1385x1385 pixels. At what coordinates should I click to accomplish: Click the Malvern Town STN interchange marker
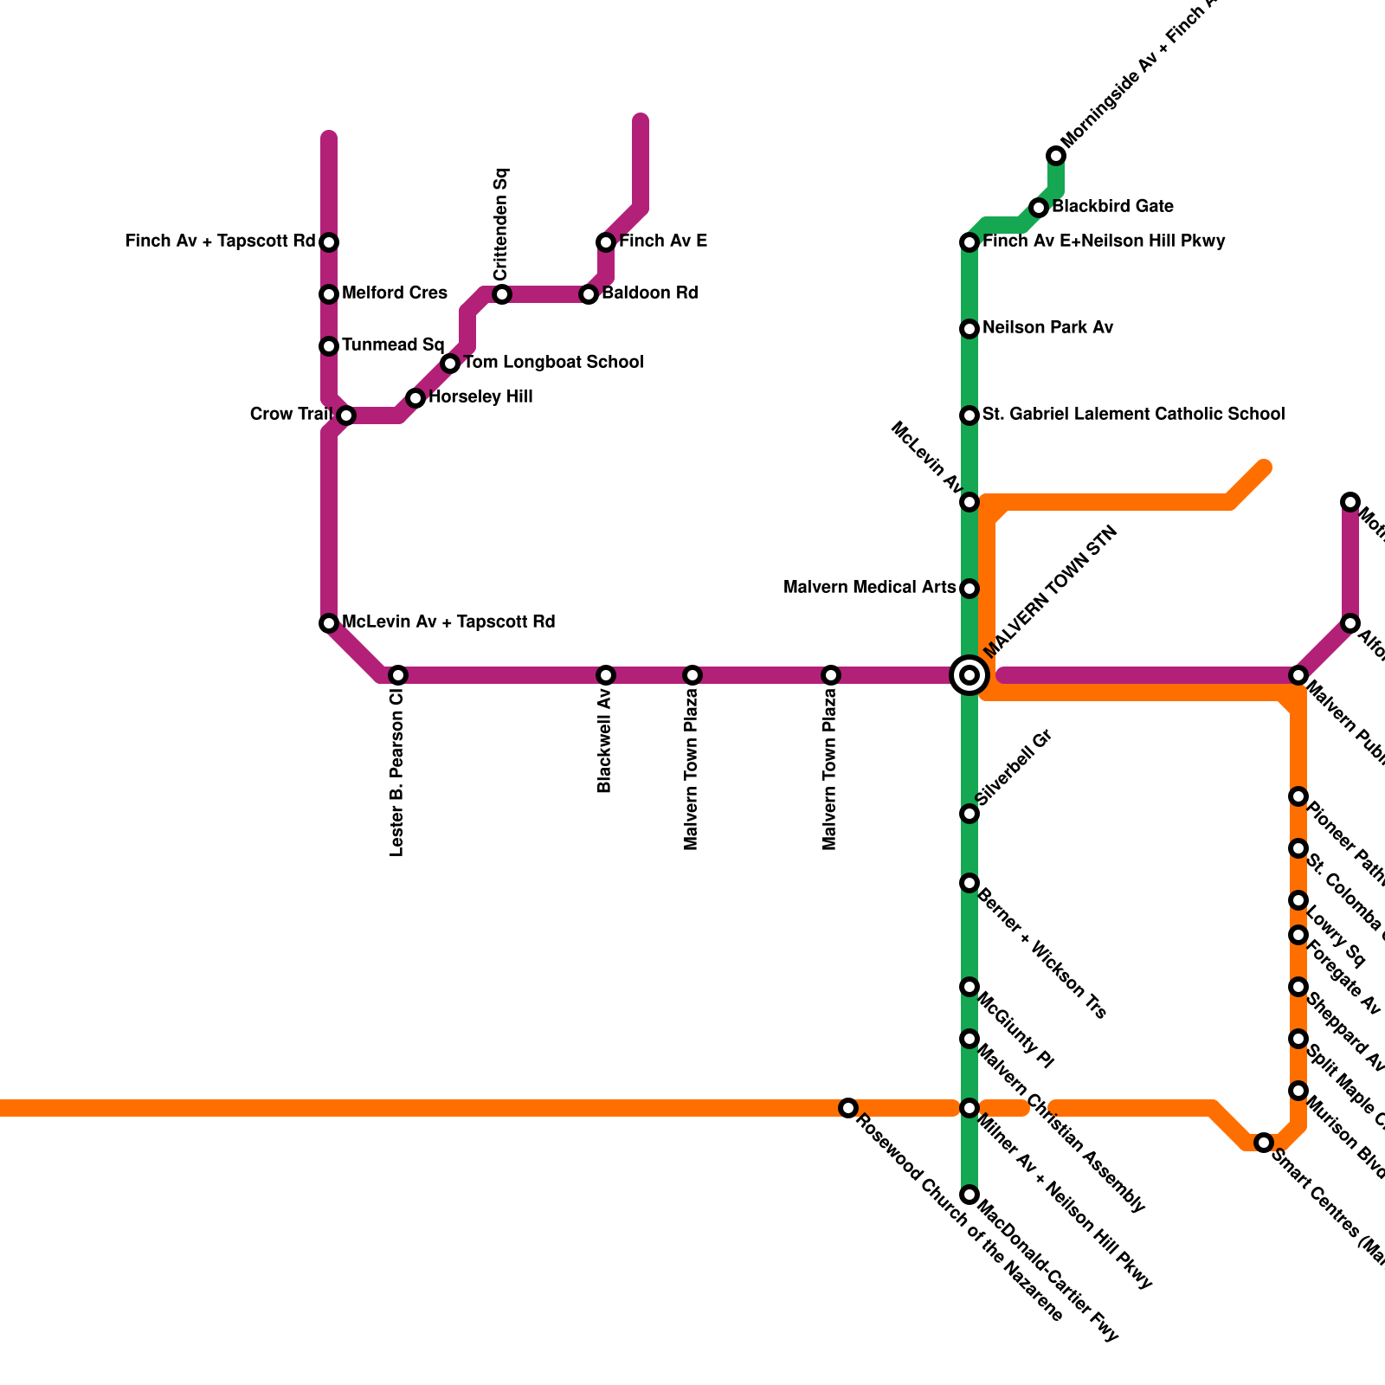pyautogui.click(x=969, y=675)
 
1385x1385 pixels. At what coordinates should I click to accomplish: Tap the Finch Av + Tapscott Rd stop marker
pyautogui.click(x=329, y=242)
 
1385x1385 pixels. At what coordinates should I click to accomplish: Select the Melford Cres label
pyautogui.click(x=394, y=293)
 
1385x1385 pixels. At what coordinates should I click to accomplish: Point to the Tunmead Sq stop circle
pyautogui.click(x=329, y=346)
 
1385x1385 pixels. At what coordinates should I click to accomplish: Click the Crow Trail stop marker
pyautogui.click(x=346, y=415)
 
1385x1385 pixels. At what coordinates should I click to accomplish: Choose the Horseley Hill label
pyautogui.click(x=480, y=397)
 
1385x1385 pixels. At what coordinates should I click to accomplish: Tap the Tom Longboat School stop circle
pyautogui.click(x=450, y=364)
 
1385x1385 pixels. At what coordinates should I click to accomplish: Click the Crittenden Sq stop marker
pyautogui.click(x=502, y=294)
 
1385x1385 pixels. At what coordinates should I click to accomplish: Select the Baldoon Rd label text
pyautogui.click(x=649, y=293)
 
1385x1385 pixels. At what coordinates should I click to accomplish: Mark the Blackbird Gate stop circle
pyautogui.click(x=1039, y=208)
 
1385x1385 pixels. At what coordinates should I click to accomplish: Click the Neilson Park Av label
pyautogui.click(x=1047, y=328)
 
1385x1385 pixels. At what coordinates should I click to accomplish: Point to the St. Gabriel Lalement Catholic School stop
pyautogui.click(x=969, y=415)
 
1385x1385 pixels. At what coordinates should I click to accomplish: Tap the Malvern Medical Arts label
pyautogui.click(x=869, y=588)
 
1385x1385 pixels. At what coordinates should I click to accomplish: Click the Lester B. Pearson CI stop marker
pyautogui.click(x=398, y=675)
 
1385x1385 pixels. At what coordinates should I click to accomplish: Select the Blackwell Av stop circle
pyautogui.click(x=606, y=675)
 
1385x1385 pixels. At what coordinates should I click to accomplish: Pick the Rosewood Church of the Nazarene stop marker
pyautogui.click(x=848, y=1108)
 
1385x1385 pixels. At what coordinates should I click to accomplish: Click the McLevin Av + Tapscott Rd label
pyautogui.click(x=448, y=622)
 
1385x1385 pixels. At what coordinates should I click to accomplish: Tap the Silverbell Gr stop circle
pyautogui.click(x=969, y=814)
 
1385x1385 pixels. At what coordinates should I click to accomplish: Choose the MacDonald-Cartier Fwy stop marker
pyautogui.click(x=969, y=1195)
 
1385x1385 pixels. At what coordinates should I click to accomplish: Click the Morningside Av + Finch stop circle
pyautogui.click(x=1056, y=156)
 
